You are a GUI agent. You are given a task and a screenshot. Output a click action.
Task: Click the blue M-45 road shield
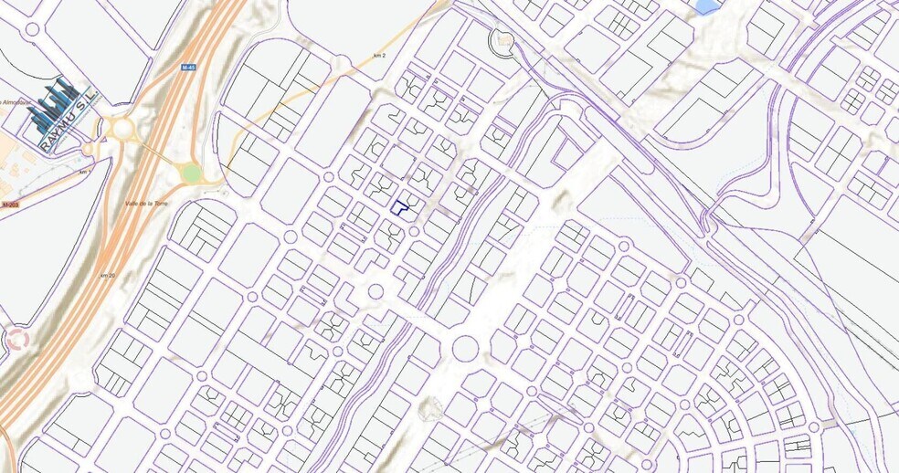coord(189,68)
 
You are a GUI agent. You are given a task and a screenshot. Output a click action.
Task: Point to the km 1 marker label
coord(86,172)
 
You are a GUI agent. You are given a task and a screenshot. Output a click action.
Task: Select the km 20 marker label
coord(109,275)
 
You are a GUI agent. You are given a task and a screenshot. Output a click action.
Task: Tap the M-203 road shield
coord(9,205)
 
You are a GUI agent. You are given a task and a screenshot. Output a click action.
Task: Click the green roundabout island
coord(190,173)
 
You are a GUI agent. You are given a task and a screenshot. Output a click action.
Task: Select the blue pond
coord(706,6)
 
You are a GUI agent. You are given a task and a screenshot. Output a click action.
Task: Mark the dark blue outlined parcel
coord(399,207)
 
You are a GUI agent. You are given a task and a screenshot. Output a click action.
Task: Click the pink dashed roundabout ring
coord(16,339)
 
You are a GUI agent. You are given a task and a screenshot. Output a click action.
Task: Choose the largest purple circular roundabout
coord(465,349)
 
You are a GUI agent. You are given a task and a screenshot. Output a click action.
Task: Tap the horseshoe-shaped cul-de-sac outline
coord(502,40)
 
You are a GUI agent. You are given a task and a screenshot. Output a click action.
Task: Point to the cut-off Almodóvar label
coord(13,102)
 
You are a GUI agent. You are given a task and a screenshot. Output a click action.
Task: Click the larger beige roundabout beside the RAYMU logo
coord(122,129)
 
